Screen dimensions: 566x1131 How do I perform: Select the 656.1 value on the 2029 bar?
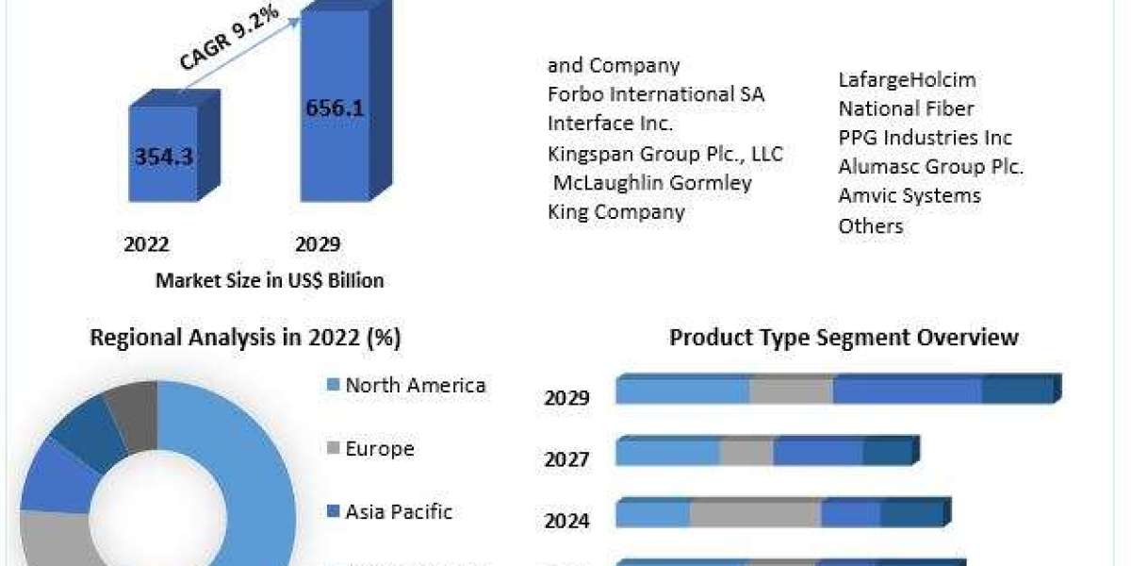coord(335,107)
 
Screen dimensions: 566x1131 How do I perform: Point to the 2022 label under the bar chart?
coord(146,244)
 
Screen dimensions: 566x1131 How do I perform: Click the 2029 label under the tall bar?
coord(318,244)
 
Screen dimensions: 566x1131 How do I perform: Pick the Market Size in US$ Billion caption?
coord(270,280)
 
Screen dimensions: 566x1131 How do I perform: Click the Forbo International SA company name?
coord(656,94)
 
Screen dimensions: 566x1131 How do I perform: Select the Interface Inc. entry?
coord(611,124)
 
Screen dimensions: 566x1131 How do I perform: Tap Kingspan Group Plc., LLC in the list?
coord(665,153)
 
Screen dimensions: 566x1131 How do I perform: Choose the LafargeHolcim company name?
coord(908,80)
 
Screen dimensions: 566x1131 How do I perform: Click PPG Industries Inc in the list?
coord(926,138)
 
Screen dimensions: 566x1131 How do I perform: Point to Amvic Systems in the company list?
coord(910,196)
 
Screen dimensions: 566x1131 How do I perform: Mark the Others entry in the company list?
coord(871,225)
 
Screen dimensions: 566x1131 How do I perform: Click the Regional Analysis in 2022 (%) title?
coord(245,338)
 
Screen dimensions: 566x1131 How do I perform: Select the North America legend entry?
coord(415,385)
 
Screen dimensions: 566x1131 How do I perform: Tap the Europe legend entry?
coord(379,448)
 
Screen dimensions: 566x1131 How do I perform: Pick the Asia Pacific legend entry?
coord(398,511)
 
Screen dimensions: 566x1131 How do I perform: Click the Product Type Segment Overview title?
coord(844,337)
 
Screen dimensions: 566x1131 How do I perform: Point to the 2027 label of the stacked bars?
coord(566,459)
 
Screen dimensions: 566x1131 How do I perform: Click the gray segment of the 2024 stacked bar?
coord(755,513)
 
